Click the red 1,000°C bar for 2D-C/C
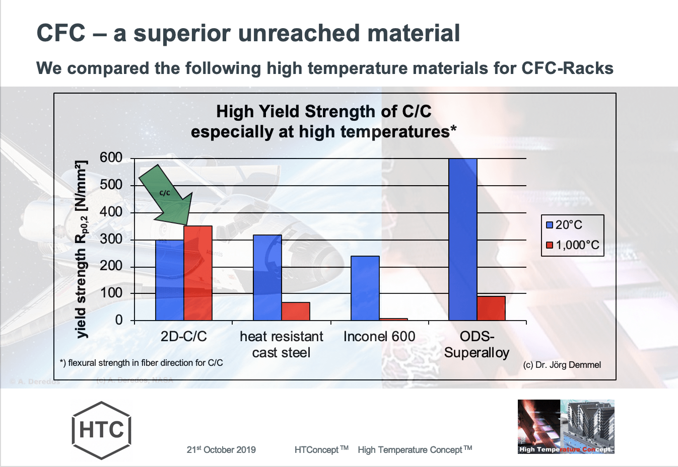[197, 273]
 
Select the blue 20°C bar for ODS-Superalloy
[462, 240]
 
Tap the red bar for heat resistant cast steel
[296, 311]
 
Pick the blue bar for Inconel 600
[365, 288]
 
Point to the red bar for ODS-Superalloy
[491, 308]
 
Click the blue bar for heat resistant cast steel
[267, 277]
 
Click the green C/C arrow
[166, 194]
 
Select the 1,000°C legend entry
[572, 245]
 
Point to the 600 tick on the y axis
[111, 158]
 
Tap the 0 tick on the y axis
[118, 320]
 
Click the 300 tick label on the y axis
[111, 239]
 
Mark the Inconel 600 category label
[379, 336]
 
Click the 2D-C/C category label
[183, 336]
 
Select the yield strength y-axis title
[81, 249]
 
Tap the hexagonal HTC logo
[101, 430]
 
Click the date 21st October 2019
[221, 449]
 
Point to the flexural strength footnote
[141, 363]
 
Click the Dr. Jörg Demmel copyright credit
[562, 365]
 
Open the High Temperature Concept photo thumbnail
[566, 427]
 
